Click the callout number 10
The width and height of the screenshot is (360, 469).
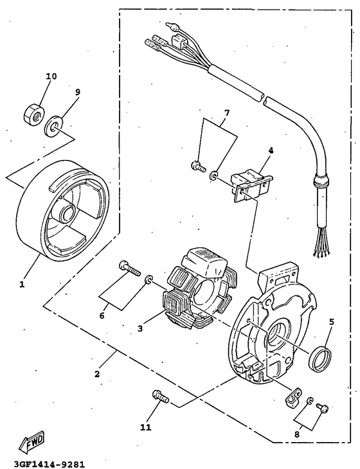[51, 76]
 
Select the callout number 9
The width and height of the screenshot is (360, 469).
[77, 92]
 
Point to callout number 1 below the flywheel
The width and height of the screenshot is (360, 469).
[21, 283]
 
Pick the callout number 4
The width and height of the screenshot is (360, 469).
[271, 150]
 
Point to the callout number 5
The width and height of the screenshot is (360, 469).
[331, 323]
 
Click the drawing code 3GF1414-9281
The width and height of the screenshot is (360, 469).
[44, 462]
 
